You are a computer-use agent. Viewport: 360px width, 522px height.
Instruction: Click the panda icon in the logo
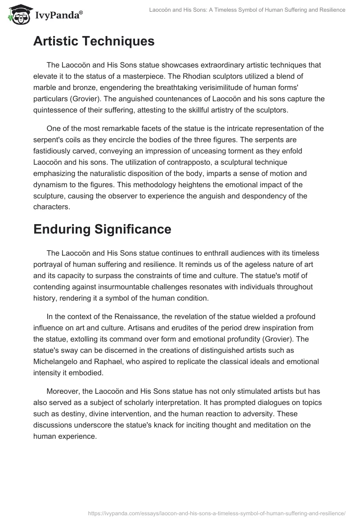tap(17, 15)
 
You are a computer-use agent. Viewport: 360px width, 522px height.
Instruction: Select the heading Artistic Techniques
tap(94, 41)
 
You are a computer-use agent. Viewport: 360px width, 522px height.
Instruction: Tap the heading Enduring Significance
tap(102, 229)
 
